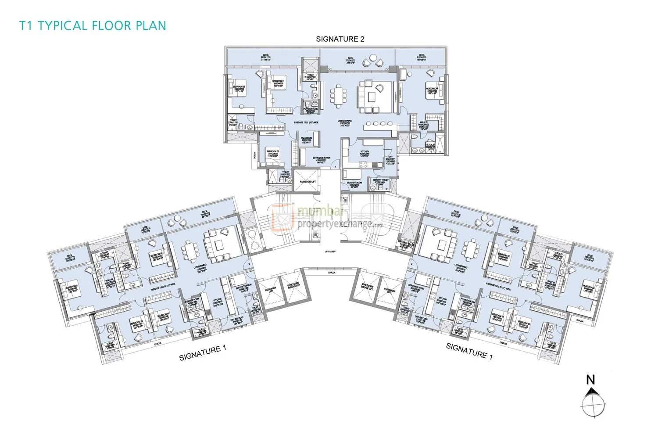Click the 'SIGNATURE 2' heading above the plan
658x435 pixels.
[x=340, y=39]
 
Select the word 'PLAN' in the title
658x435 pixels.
[x=150, y=25]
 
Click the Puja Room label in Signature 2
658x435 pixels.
[x=306, y=140]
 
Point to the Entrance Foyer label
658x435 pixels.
[x=321, y=159]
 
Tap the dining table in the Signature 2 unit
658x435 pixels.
[x=338, y=96]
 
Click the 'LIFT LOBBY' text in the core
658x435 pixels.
[x=330, y=252]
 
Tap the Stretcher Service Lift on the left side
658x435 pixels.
[x=293, y=286]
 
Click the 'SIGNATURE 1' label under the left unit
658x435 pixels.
[x=203, y=352]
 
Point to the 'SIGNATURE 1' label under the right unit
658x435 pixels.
[x=469, y=351]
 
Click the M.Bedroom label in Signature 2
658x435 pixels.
[x=432, y=90]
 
